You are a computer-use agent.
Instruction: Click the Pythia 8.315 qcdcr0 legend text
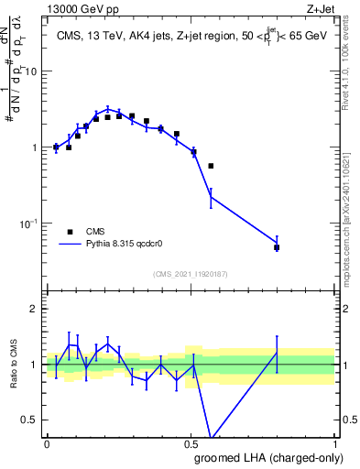click(x=125, y=245)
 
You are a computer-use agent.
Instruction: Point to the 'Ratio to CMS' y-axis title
click(x=14, y=365)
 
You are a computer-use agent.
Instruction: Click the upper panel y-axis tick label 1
click(x=37, y=147)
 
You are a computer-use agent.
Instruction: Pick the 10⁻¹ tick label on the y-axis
click(x=31, y=224)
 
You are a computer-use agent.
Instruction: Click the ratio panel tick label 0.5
click(x=31, y=420)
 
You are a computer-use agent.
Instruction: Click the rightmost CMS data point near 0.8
click(x=277, y=247)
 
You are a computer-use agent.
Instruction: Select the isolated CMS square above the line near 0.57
click(x=211, y=166)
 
